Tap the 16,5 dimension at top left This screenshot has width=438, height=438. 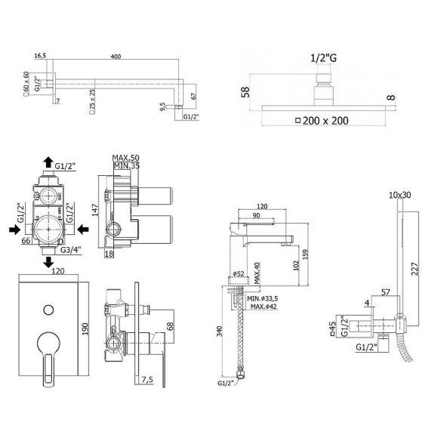pos(41,55)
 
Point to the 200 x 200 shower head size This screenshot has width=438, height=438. pos(327,120)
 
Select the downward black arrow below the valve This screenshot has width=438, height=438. pos(47,262)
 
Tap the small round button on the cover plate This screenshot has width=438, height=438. pos(48,308)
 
